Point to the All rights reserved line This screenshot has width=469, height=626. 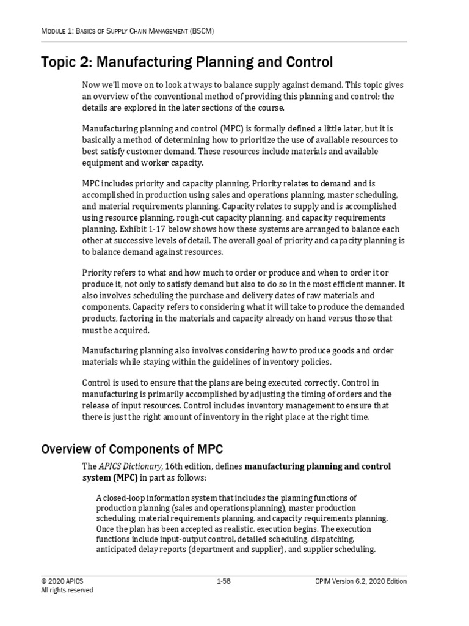(x=67, y=590)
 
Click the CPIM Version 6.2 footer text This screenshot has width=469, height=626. (x=357, y=581)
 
